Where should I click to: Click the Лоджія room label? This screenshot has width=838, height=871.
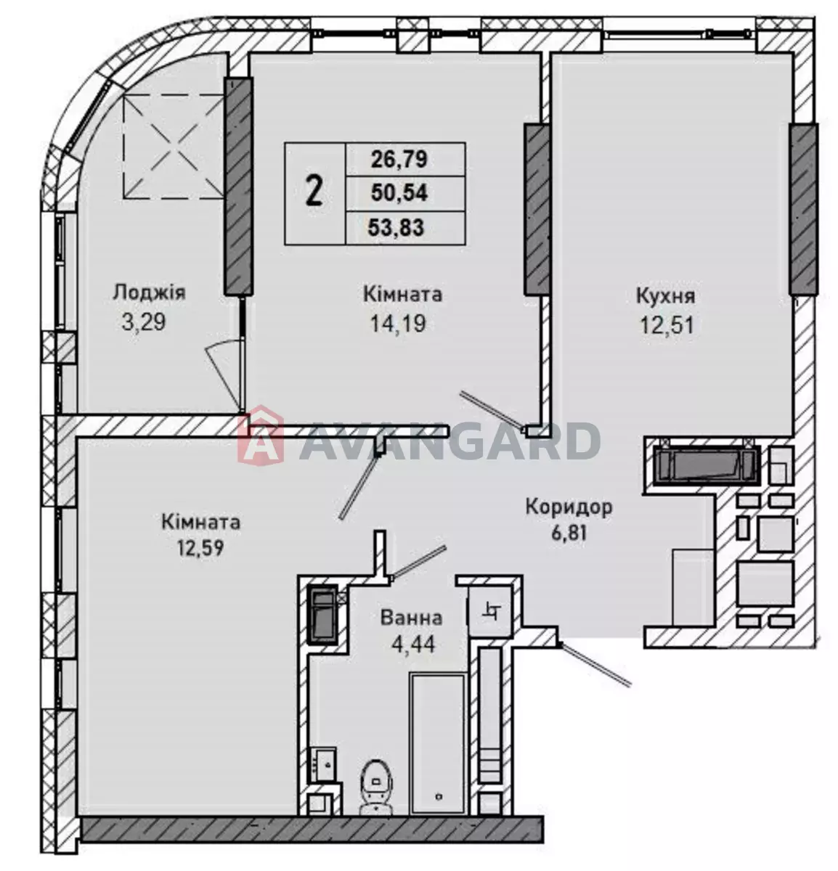coord(149,293)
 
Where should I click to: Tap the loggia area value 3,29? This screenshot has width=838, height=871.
coord(144,322)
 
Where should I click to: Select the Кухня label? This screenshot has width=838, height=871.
coord(666,296)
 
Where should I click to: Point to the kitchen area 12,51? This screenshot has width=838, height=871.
coord(667,324)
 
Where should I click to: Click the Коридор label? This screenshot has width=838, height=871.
coord(569,507)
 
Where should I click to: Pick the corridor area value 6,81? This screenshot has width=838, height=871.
coord(569,533)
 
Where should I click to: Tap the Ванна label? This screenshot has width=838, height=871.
coord(411,618)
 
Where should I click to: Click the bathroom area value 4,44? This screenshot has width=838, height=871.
coord(413,645)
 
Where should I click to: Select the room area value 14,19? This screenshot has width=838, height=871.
coord(398,323)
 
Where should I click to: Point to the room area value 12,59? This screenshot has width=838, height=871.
coord(200,548)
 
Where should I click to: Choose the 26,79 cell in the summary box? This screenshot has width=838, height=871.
coord(399,160)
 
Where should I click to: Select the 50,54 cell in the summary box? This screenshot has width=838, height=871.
coord(399,193)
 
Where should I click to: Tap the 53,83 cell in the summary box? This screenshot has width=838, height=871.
coord(396,228)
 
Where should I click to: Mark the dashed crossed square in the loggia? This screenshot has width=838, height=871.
coord(174,147)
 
